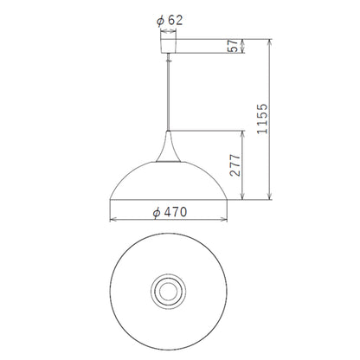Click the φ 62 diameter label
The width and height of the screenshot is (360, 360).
click(170, 21)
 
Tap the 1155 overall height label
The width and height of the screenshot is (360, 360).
click(262, 119)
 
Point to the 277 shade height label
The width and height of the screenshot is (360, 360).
click(235, 165)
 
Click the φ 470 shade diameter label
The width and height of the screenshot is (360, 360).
click(170, 213)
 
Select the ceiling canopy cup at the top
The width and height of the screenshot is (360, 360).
click(168, 46)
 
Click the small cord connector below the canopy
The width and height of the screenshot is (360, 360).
click(169, 59)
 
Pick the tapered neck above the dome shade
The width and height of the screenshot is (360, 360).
click(169, 146)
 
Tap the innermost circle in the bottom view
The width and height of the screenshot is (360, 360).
click(168, 292)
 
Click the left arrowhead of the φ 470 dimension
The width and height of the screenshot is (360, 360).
click(112, 220)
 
